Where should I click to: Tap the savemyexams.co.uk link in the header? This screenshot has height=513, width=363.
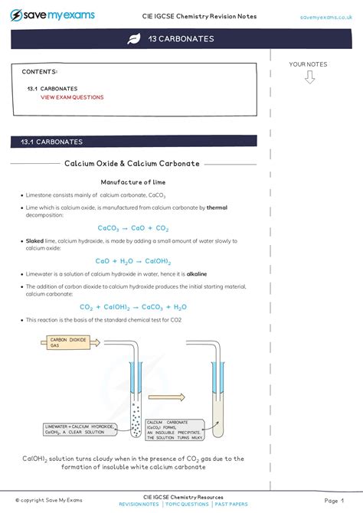(325, 16)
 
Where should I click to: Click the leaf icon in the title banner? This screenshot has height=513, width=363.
(132, 39)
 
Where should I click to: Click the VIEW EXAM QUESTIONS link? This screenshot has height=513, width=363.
(72, 97)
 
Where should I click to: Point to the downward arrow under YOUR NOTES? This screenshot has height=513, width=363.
(309, 77)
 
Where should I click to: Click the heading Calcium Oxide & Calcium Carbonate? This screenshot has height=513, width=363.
(132, 163)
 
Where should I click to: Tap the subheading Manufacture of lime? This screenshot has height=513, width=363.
(132, 182)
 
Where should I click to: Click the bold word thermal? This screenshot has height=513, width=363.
(217, 207)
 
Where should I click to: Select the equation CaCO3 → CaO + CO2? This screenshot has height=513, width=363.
(132, 228)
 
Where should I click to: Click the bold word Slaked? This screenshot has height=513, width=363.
(34, 240)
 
